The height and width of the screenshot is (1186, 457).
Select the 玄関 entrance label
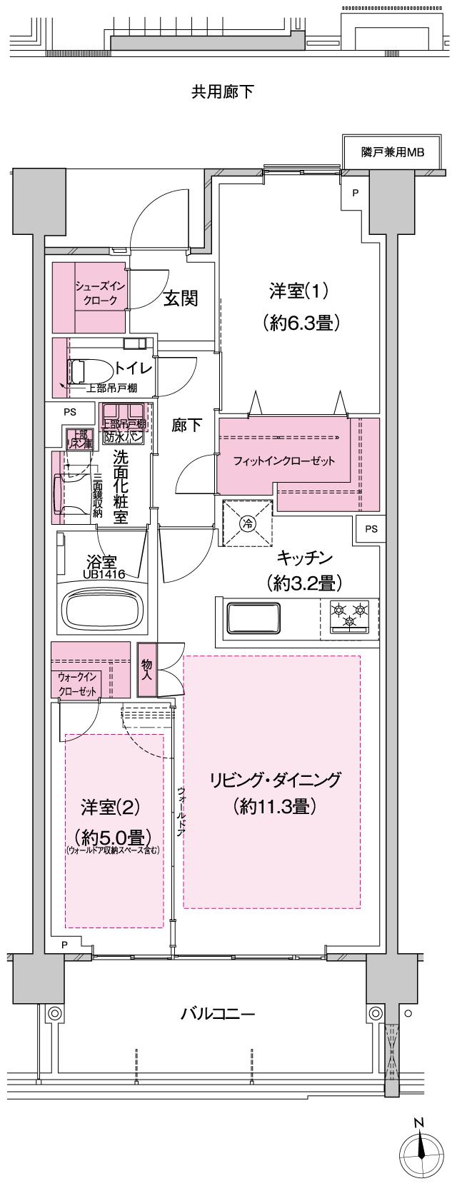pos(181,298)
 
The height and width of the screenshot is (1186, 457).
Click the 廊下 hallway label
pos(187,425)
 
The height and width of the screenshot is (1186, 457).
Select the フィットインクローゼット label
pos(284,461)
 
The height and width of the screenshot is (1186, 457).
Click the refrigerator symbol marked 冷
pos(247,523)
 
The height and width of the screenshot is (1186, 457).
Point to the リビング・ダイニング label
pos(274,780)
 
